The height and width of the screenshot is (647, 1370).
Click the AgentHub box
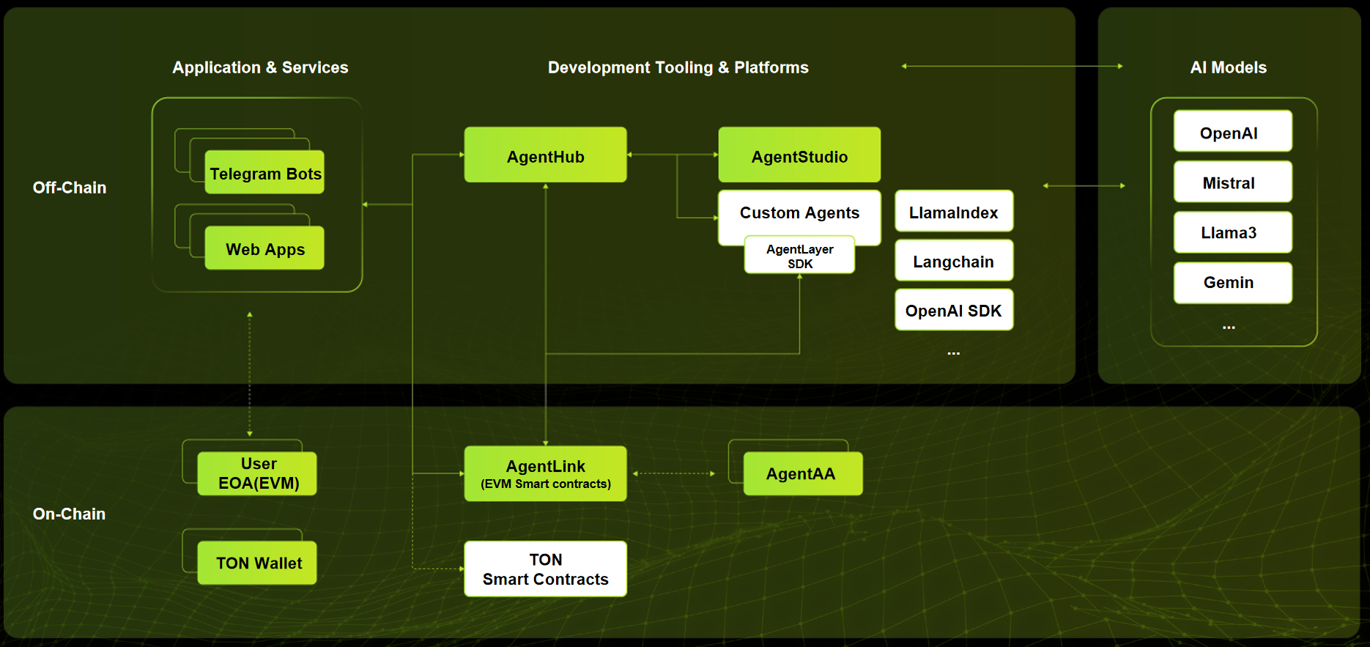545,155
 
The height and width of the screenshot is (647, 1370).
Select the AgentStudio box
799,155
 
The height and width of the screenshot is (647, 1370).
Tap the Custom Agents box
799,212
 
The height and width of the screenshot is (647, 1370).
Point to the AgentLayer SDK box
799,256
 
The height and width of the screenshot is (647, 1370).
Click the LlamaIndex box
953,212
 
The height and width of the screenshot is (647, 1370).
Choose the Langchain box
953,261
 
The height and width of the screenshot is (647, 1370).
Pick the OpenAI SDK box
953,310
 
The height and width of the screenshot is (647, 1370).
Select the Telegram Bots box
264,173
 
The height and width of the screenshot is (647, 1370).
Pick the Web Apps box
264,248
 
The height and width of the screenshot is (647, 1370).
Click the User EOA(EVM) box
257,473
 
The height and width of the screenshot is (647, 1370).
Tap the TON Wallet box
257,563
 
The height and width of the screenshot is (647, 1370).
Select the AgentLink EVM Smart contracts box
545,473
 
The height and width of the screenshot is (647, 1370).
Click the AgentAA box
802,473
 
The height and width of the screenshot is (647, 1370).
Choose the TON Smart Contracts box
545,569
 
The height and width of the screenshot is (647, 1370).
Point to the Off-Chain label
70,188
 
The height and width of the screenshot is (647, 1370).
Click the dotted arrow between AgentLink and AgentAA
673,473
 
